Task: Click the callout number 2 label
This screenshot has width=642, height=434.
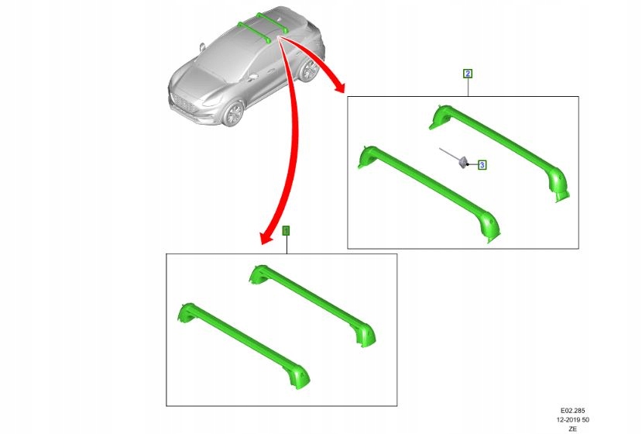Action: pos(468,74)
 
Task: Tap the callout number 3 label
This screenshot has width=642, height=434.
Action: pos(482,164)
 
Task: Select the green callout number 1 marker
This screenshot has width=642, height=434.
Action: pos(286,230)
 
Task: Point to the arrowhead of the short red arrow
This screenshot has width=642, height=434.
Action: pos(338,89)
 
